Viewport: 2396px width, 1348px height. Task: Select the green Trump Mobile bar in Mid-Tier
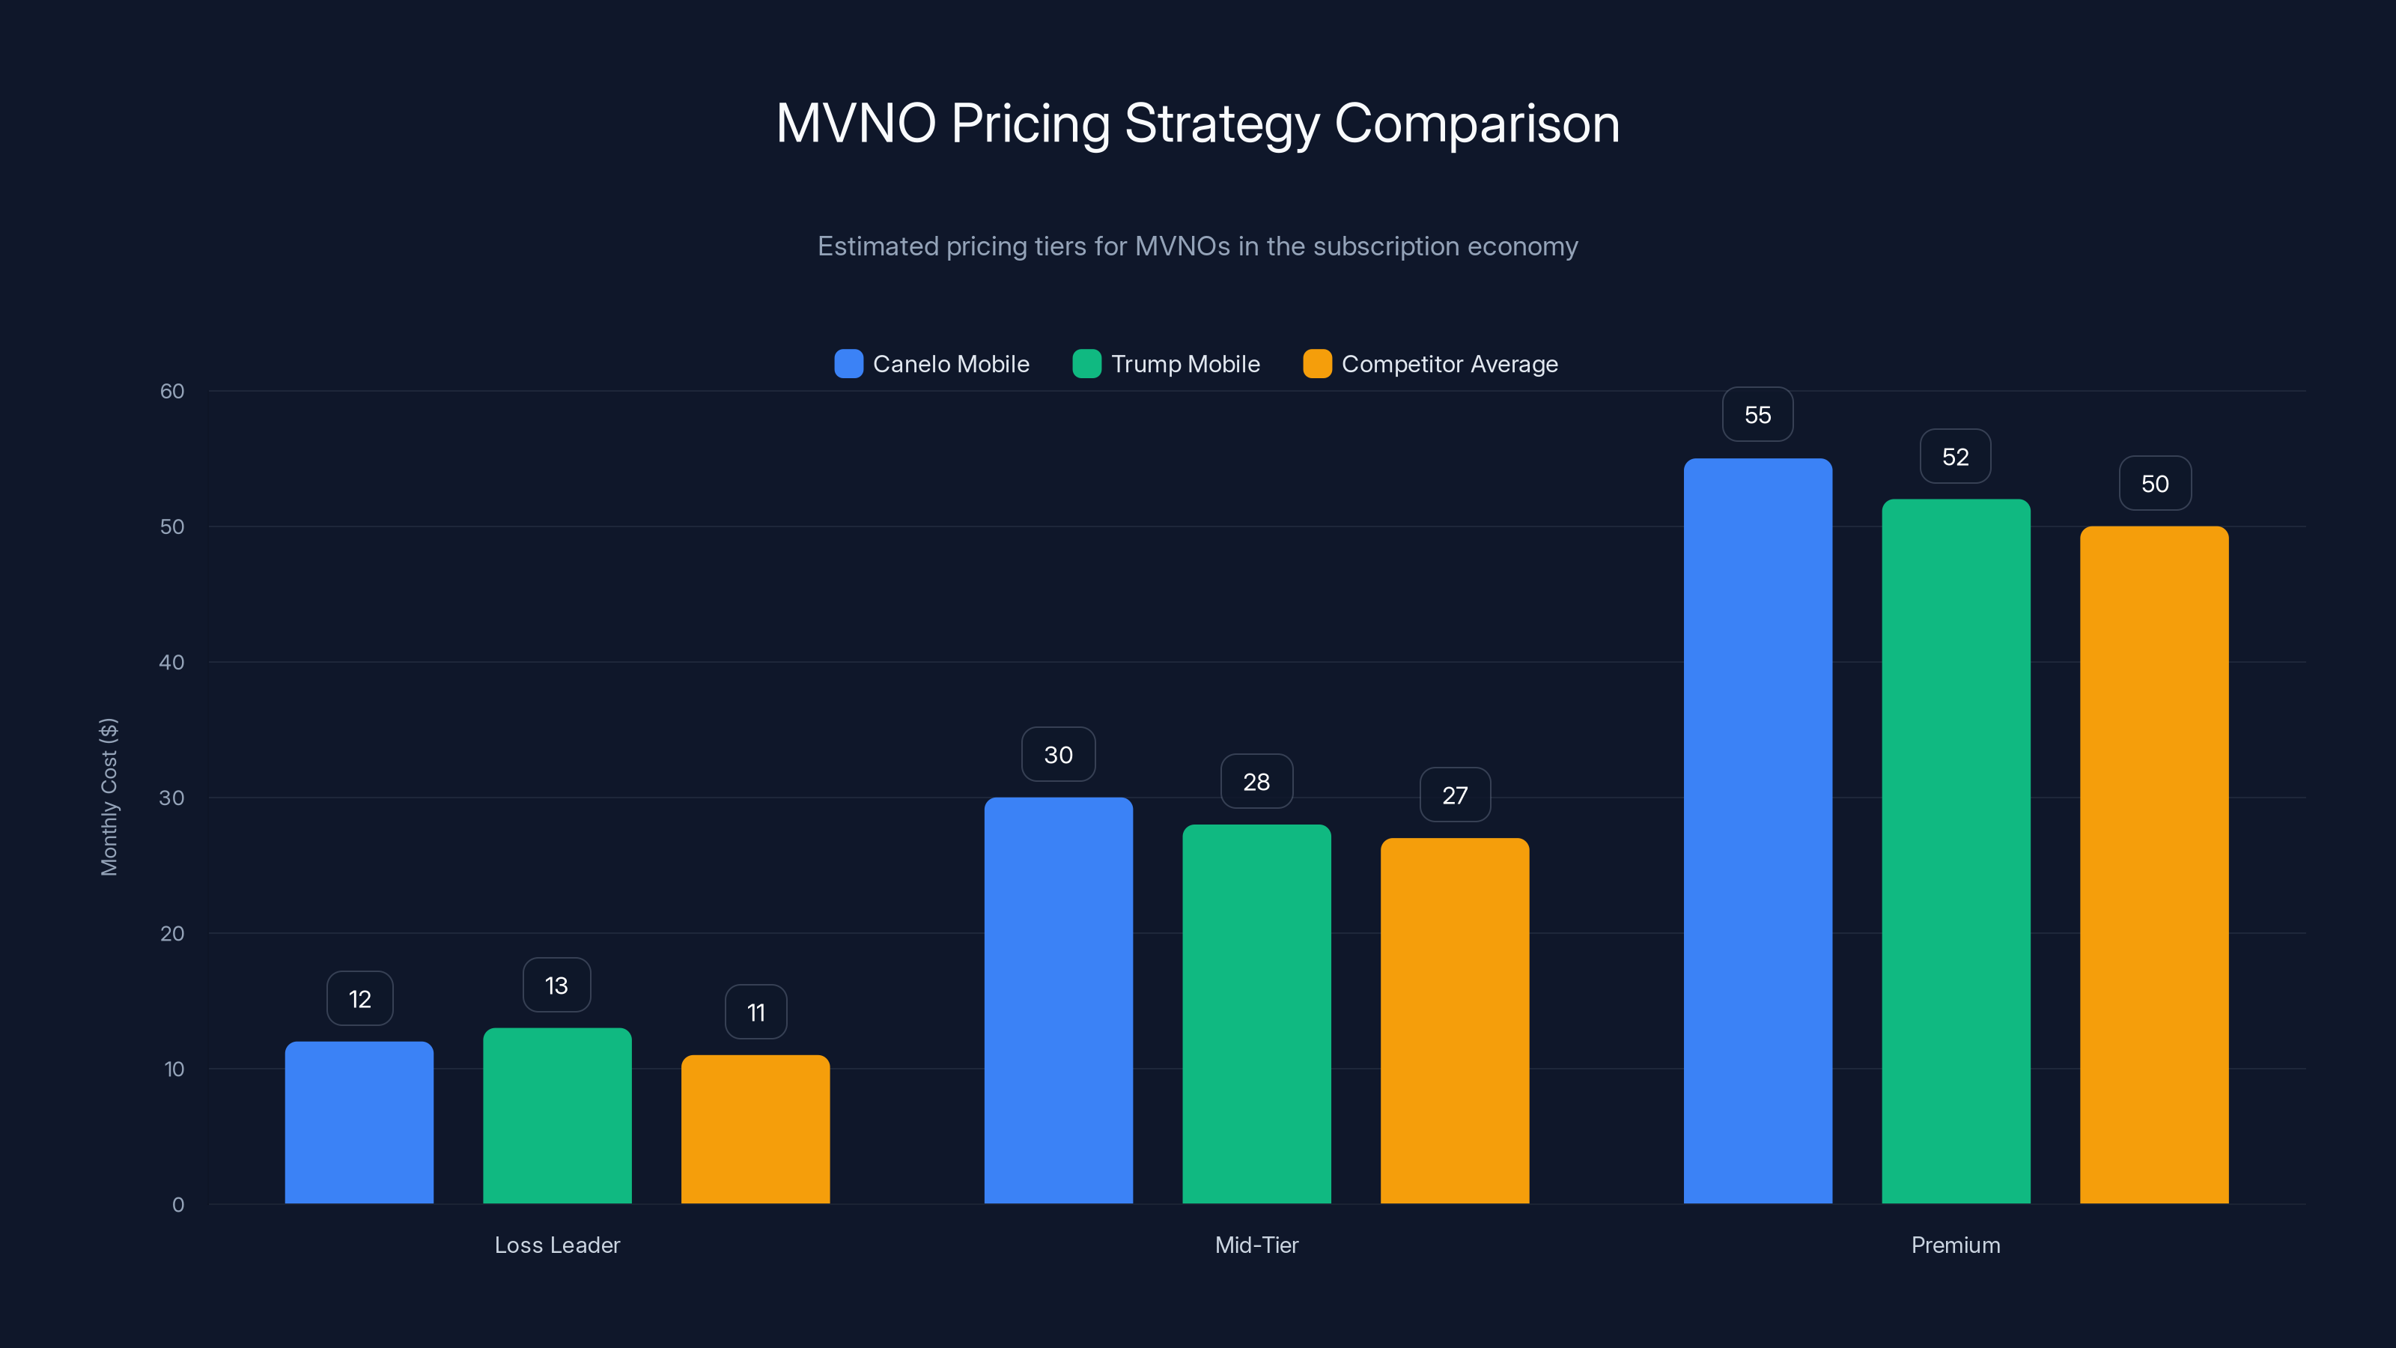click(x=1256, y=1014)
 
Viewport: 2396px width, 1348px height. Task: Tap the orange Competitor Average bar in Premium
click(x=2153, y=865)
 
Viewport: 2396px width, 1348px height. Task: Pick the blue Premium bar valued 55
click(x=1757, y=831)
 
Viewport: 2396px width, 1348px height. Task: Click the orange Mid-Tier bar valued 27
click(x=1454, y=1021)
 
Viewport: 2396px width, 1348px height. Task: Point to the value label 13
click(x=556, y=986)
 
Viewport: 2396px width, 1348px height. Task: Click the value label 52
click(x=1955, y=457)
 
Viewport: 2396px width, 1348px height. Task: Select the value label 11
click(x=755, y=1012)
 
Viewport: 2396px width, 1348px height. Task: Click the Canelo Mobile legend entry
click(x=933, y=364)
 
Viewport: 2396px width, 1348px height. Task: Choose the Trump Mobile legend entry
click(x=1167, y=364)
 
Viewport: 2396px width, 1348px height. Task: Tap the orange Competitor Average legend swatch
click(x=1317, y=364)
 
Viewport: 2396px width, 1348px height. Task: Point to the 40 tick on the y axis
click(x=172, y=662)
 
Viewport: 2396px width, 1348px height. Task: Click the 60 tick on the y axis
click(x=172, y=392)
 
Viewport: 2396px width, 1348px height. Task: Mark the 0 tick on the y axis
click(x=177, y=1205)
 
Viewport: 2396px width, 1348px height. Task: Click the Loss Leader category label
click(x=556, y=1245)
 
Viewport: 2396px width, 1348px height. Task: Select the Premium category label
click(x=1955, y=1245)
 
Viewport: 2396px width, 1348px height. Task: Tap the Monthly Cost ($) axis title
click(x=109, y=796)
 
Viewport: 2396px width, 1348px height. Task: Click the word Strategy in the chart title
click(x=1221, y=124)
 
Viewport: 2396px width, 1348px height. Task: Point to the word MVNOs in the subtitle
click(x=1182, y=246)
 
